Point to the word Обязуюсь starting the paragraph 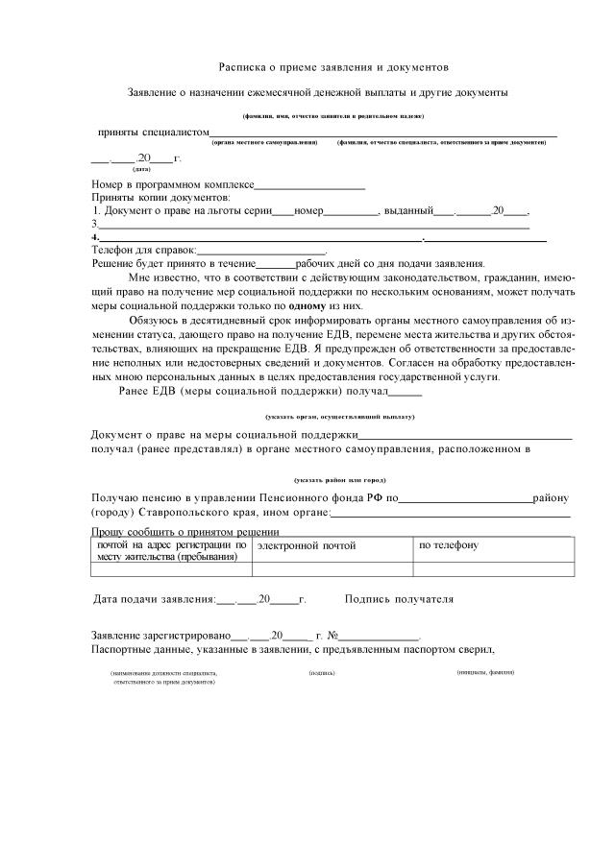pos(154,323)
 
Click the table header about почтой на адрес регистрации pos(171,550)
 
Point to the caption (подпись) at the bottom pos(322,672)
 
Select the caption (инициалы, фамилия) pos(485,672)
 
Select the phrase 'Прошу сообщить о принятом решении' pos(184,531)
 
